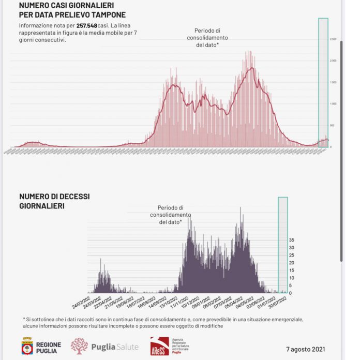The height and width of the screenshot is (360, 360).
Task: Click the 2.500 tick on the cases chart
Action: tap(333, 39)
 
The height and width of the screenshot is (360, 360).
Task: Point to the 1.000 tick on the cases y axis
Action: tap(333, 104)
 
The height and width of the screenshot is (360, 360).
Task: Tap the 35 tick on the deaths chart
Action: tap(292, 240)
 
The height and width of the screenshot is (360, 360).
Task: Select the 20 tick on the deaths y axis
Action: tap(292, 263)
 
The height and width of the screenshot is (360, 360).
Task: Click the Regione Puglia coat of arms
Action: tap(27, 346)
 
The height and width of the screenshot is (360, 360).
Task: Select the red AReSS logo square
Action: tap(158, 346)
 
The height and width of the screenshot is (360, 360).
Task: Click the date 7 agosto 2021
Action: tap(305, 349)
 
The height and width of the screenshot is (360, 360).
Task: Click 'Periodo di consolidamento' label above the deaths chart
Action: tap(171, 214)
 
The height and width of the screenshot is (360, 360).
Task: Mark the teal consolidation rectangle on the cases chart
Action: tap(323, 83)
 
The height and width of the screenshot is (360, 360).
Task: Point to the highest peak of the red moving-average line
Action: tap(251, 68)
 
